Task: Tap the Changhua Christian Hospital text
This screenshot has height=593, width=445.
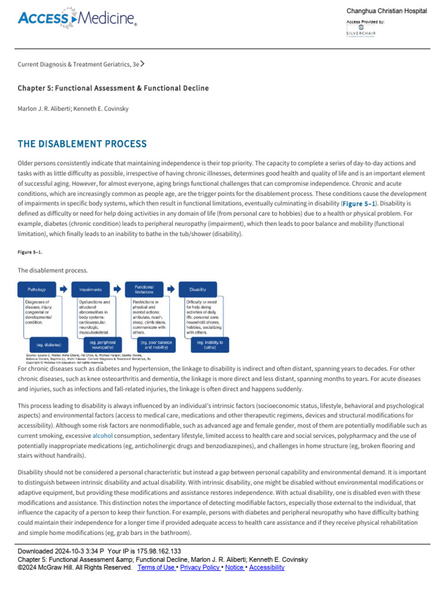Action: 386,11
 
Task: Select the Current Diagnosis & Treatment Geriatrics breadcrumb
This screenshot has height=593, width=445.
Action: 79,65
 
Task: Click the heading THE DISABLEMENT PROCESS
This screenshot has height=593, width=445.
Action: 82,144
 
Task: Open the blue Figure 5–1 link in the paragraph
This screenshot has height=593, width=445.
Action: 359,204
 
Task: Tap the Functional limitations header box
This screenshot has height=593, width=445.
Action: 144,289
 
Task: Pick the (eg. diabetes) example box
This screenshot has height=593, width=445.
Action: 45,345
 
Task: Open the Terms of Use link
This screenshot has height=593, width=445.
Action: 156,568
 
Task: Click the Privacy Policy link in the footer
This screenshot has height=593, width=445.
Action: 200,568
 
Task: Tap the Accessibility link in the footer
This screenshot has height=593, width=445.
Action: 267,568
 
